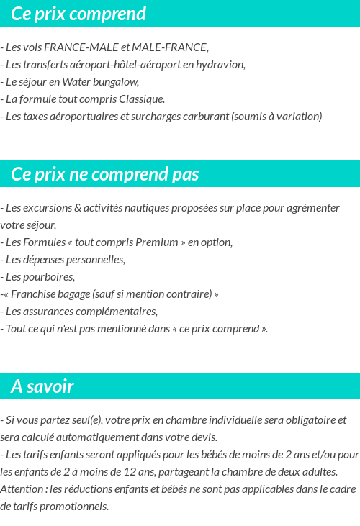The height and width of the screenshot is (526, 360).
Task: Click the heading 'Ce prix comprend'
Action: (x=78, y=14)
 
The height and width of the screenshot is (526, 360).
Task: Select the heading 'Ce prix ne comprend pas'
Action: (x=105, y=175)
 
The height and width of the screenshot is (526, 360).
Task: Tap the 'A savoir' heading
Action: (x=42, y=386)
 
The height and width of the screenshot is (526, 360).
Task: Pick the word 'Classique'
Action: (x=143, y=99)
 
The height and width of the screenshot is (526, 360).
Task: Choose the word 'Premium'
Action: (x=157, y=242)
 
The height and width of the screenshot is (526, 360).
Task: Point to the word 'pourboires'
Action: (x=49, y=277)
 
